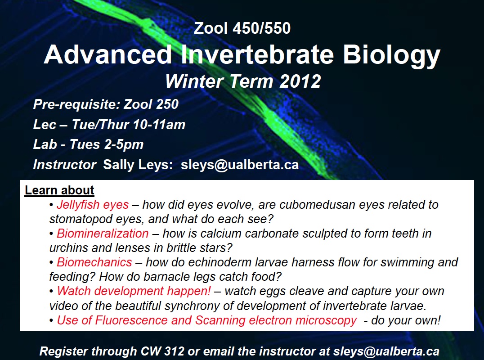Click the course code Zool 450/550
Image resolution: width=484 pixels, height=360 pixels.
(x=242, y=28)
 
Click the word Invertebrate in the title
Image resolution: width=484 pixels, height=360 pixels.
(x=257, y=54)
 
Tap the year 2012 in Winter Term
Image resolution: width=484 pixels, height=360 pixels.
(x=300, y=81)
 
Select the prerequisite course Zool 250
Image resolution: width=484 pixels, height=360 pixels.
(x=151, y=104)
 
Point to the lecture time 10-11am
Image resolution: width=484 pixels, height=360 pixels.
(x=159, y=125)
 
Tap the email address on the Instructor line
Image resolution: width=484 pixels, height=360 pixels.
(x=240, y=165)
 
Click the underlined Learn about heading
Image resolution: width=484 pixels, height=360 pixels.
(x=59, y=190)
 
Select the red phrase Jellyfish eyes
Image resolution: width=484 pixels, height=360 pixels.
(x=93, y=205)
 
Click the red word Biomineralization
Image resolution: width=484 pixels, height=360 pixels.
(x=103, y=234)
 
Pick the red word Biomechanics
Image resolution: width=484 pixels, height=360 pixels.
(x=94, y=262)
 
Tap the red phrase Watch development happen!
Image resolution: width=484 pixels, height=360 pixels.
(x=134, y=291)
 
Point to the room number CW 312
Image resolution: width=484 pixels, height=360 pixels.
(x=162, y=351)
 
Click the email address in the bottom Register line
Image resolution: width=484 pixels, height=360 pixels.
(x=386, y=351)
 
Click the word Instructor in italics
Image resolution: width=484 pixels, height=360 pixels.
(x=65, y=165)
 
